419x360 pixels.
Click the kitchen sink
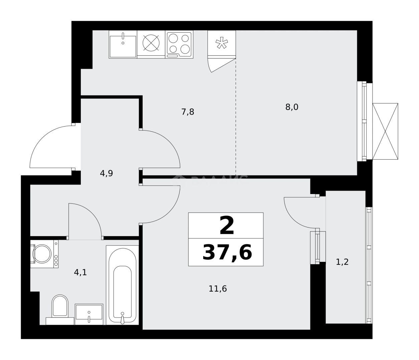(123, 44)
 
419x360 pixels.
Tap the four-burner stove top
(179, 44)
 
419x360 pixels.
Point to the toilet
(60, 307)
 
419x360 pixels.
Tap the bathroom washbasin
(89, 314)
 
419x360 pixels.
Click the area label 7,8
(187, 112)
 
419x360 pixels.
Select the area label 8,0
(291, 107)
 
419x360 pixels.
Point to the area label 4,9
(106, 173)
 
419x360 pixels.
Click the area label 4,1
(80, 273)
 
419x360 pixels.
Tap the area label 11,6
(218, 289)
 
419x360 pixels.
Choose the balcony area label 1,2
(342, 262)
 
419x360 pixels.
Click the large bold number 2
(227, 226)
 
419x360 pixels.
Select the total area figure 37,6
(227, 252)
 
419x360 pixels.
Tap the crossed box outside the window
(385, 131)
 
